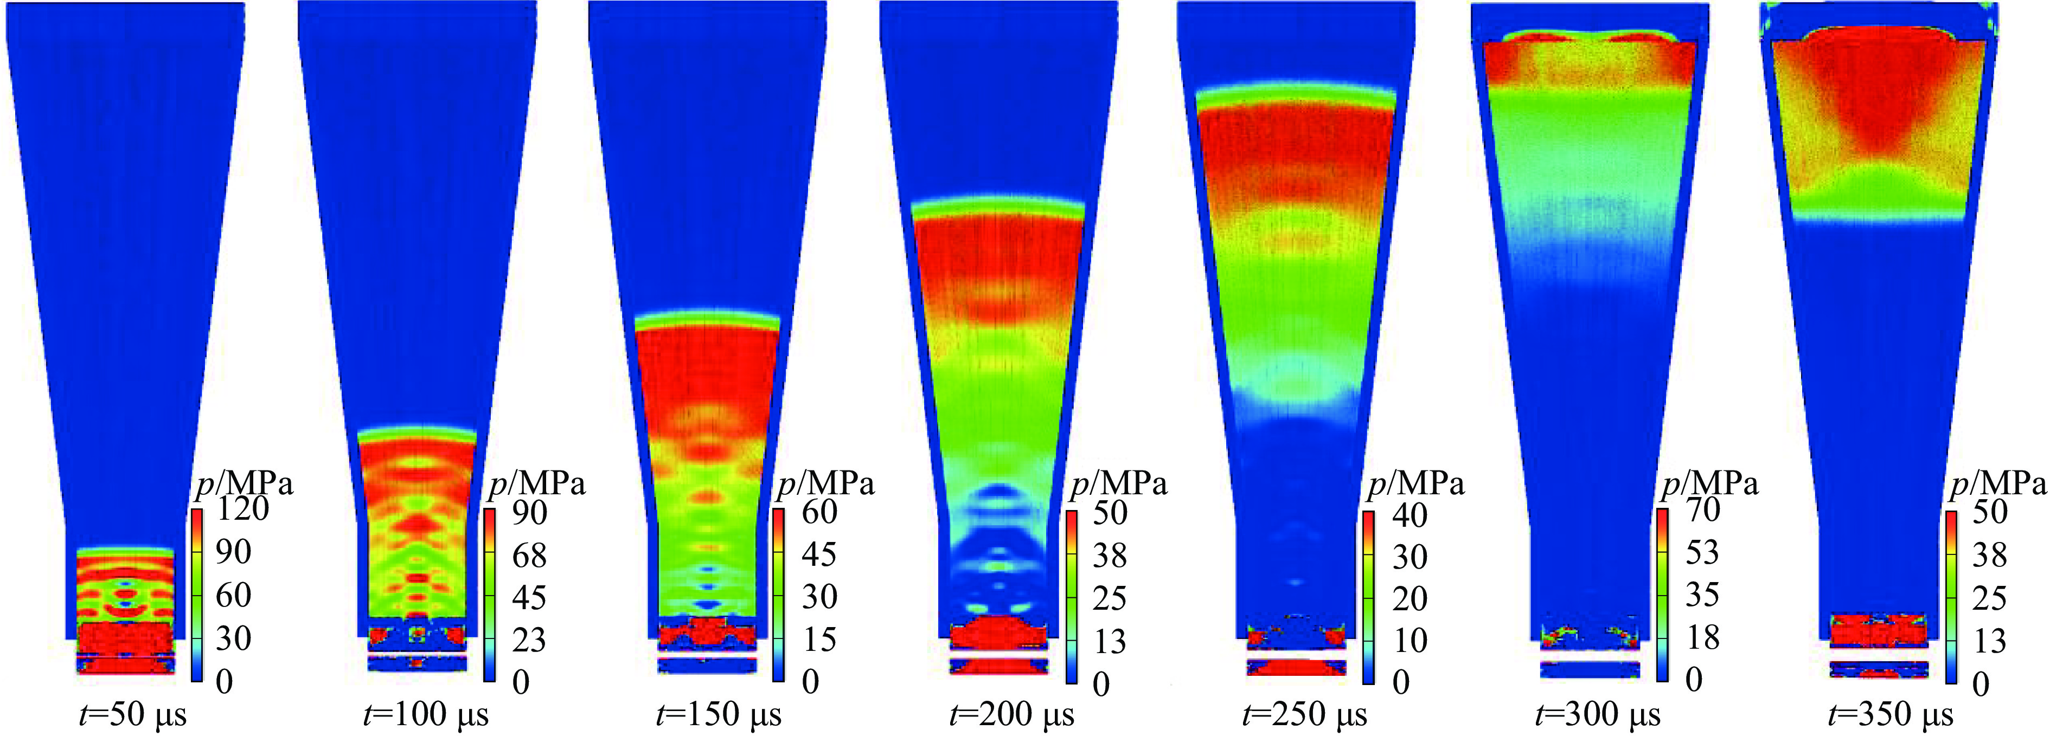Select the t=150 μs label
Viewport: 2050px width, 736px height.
coord(719,714)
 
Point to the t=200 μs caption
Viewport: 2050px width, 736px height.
coord(1011,714)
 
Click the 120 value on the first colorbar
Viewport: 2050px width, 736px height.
coord(242,508)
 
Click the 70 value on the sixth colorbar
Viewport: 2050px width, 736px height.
coord(1703,509)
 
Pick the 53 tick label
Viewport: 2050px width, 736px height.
coord(1702,552)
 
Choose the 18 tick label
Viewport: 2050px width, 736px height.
coord(1702,637)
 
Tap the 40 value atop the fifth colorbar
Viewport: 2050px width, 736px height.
coord(1410,515)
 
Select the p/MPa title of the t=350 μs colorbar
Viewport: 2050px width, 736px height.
coord(1997,483)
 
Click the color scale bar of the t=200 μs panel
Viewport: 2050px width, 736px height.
coord(1072,597)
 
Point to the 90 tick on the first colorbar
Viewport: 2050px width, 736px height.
coord(233,551)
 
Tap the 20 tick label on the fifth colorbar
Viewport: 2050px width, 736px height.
coord(1410,598)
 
